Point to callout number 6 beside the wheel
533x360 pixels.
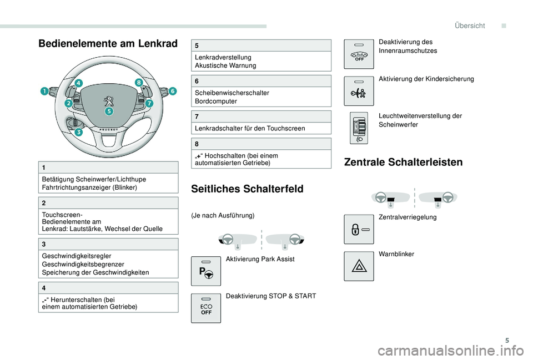click(172, 90)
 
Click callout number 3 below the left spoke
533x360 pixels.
click(79, 133)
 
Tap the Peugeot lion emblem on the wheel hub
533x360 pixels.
click(109, 102)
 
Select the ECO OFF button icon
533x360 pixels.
click(205, 308)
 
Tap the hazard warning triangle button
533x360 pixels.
click(359, 266)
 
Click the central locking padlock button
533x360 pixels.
click(359, 229)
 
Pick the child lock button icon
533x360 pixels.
click(359, 90)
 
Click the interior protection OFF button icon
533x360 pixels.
click(359, 54)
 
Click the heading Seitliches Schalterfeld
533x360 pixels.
click(247, 189)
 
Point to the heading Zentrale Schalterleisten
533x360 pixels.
click(403, 163)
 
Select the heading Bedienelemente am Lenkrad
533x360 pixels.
click(108, 44)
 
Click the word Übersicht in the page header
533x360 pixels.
click(469, 26)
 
